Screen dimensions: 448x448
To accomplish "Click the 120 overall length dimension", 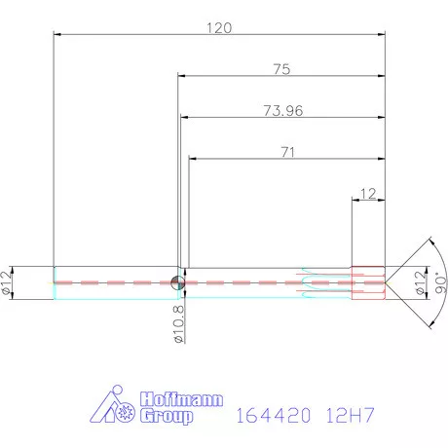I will (x=219, y=28).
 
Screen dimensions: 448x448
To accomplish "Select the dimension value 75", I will (x=281, y=70).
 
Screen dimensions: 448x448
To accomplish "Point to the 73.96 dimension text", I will (x=282, y=111).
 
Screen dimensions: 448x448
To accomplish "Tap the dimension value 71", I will (x=287, y=152).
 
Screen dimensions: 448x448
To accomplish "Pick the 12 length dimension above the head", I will (x=368, y=194).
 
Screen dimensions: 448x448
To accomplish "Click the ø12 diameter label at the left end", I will (x=8, y=280).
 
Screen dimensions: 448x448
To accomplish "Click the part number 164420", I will (x=272, y=416).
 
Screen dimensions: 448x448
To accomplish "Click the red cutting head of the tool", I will (x=366, y=281).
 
